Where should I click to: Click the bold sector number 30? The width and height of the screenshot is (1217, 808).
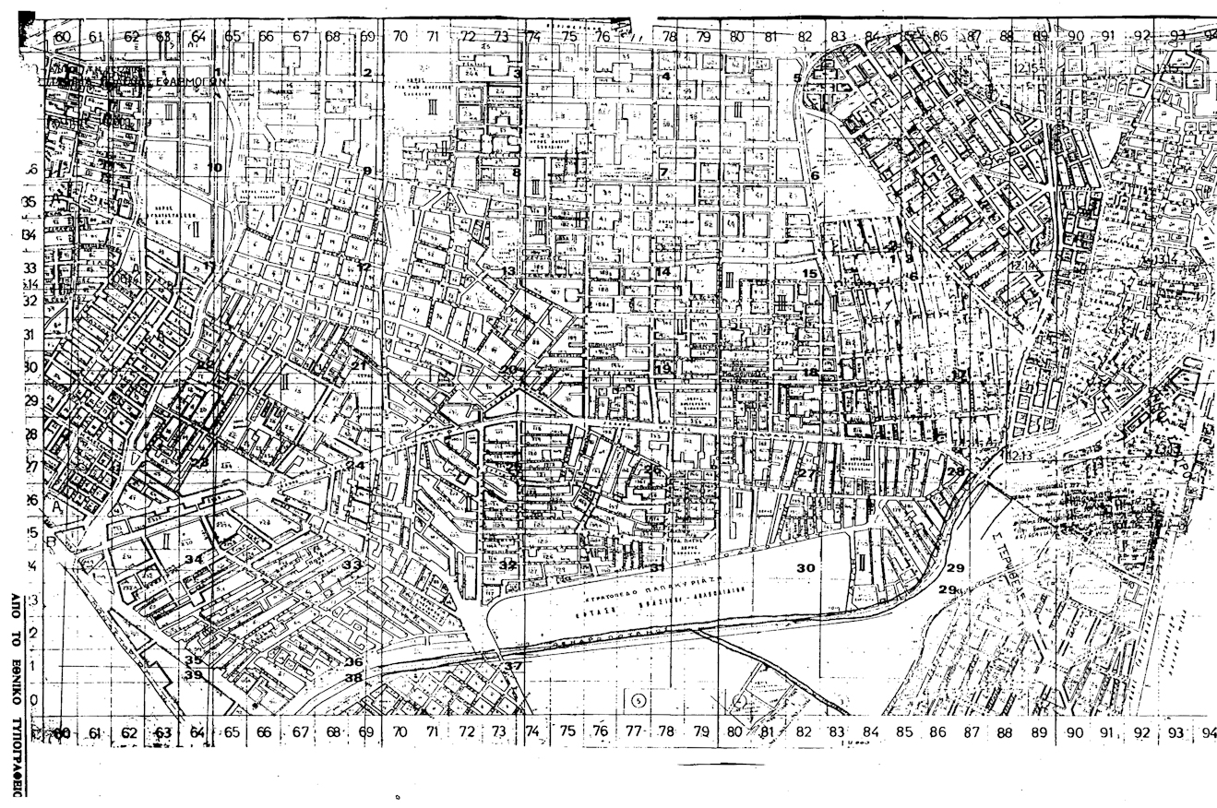[805, 568]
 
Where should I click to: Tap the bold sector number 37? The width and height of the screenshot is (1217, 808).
[513, 666]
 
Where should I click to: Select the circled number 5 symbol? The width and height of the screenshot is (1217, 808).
[637, 700]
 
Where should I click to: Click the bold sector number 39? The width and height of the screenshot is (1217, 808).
[194, 675]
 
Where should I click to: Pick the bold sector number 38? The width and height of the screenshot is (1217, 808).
[353, 677]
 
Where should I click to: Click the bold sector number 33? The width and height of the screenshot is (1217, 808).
[352, 564]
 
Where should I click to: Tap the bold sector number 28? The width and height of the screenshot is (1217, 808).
[956, 471]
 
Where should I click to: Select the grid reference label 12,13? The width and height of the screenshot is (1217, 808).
[1020, 455]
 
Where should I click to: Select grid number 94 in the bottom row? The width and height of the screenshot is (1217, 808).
[1209, 733]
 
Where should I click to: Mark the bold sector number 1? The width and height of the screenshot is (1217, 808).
[218, 71]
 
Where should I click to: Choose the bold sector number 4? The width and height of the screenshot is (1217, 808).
[665, 76]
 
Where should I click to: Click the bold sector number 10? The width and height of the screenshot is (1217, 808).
[214, 167]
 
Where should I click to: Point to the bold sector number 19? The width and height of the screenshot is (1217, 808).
[663, 368]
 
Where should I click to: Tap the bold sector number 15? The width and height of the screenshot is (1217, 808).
[810, 273]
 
